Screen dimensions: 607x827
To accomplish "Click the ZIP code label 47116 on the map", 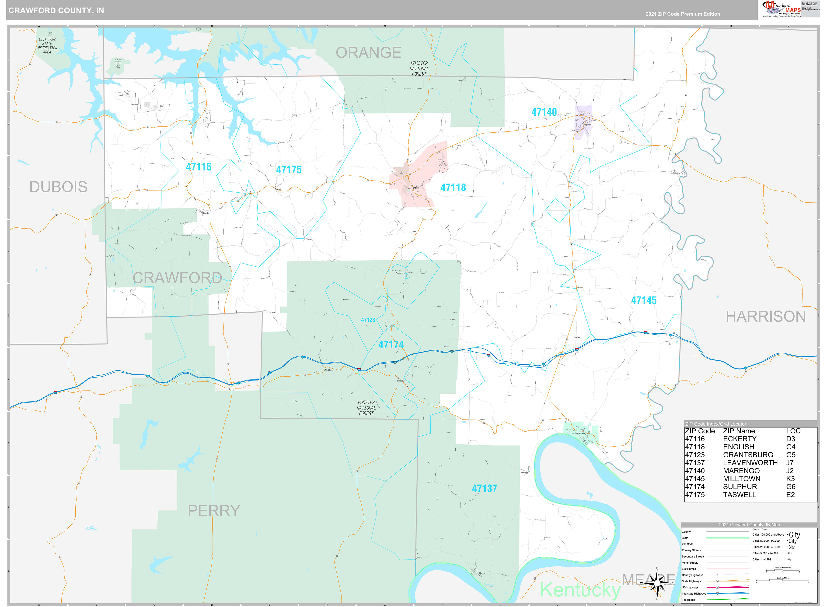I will (199, 167).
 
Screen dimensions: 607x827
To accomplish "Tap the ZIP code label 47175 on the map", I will (289, 170).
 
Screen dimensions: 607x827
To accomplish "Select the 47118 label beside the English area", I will (453, 188).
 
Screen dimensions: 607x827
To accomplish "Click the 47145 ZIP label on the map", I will (643, 300).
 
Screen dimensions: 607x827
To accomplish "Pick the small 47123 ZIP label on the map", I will (368, 320).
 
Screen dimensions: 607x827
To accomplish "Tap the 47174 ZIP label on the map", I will (391, 345).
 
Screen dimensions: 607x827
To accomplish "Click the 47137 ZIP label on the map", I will (484, 489).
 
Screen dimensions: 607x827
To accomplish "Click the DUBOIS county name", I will (58, 187).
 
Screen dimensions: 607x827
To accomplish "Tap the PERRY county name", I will (214, 511).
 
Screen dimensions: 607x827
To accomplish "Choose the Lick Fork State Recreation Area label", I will (47, 46).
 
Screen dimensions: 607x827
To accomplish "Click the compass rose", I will (657, 583).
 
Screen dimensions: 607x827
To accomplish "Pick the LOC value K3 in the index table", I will (790, 479).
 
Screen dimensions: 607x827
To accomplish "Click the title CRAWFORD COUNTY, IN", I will (56, 11).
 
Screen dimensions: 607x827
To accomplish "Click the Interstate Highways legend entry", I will (694, 593).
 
